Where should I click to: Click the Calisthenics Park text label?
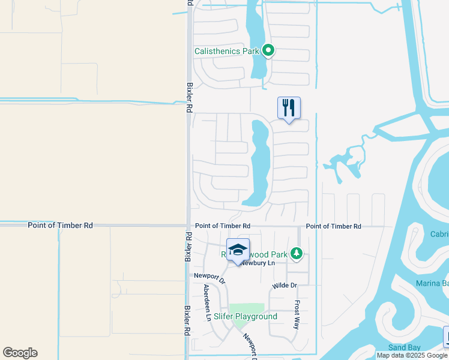[x=226, y=51]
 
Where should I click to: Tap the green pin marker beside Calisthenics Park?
[x=269, y=51]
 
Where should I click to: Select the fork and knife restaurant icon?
[x=289, y=109]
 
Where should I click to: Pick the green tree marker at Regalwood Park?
[x=296, y=254]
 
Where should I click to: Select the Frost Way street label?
[x=297, y=314]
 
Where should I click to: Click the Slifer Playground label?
[x=246, y=316]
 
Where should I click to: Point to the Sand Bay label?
[x=403, y=347]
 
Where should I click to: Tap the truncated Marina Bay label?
[x=433, y=283]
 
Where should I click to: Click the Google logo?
[x=20, y=353]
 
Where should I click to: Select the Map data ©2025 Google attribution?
[x=412, y=355]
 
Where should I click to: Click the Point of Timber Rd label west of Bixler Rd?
[x=60, y=226]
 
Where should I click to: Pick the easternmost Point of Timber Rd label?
[x=333, y=226]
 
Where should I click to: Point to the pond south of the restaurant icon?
[x=260, y=162]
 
